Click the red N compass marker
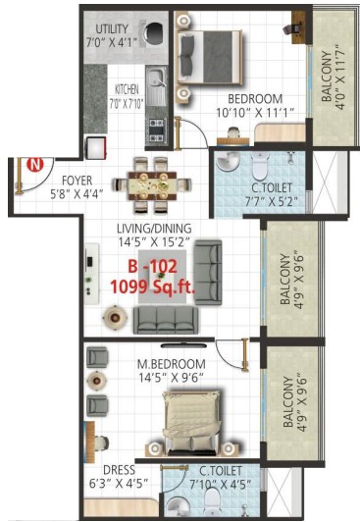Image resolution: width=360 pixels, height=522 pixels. (35, 165)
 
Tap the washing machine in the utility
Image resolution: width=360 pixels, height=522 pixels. (154, 33)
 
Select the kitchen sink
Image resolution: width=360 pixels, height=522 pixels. (156, 86)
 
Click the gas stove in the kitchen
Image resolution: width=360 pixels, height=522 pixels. (156, 130)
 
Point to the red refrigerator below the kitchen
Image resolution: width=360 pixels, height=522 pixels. (96, 148)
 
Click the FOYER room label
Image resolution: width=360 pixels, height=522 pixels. (77, 181)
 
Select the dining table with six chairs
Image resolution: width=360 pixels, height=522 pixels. (152, 185)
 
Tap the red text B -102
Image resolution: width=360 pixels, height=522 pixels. (153, 266)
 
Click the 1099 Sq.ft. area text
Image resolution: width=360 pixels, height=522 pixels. (153, 287)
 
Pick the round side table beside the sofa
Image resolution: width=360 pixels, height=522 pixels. (115, 318)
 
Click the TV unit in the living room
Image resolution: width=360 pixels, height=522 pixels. (92, 274)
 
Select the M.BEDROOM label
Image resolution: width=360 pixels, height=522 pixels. (172, 364)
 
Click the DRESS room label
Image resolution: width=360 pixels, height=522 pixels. (119, 470)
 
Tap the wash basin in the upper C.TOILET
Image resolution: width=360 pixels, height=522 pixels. (228, 162)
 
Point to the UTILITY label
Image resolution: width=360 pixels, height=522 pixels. (112, 29)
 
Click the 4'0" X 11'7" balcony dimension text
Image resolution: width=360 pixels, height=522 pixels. (339, 78)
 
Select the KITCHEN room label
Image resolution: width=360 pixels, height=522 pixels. (127, 89)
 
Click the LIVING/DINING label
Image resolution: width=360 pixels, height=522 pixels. (154, 229)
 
